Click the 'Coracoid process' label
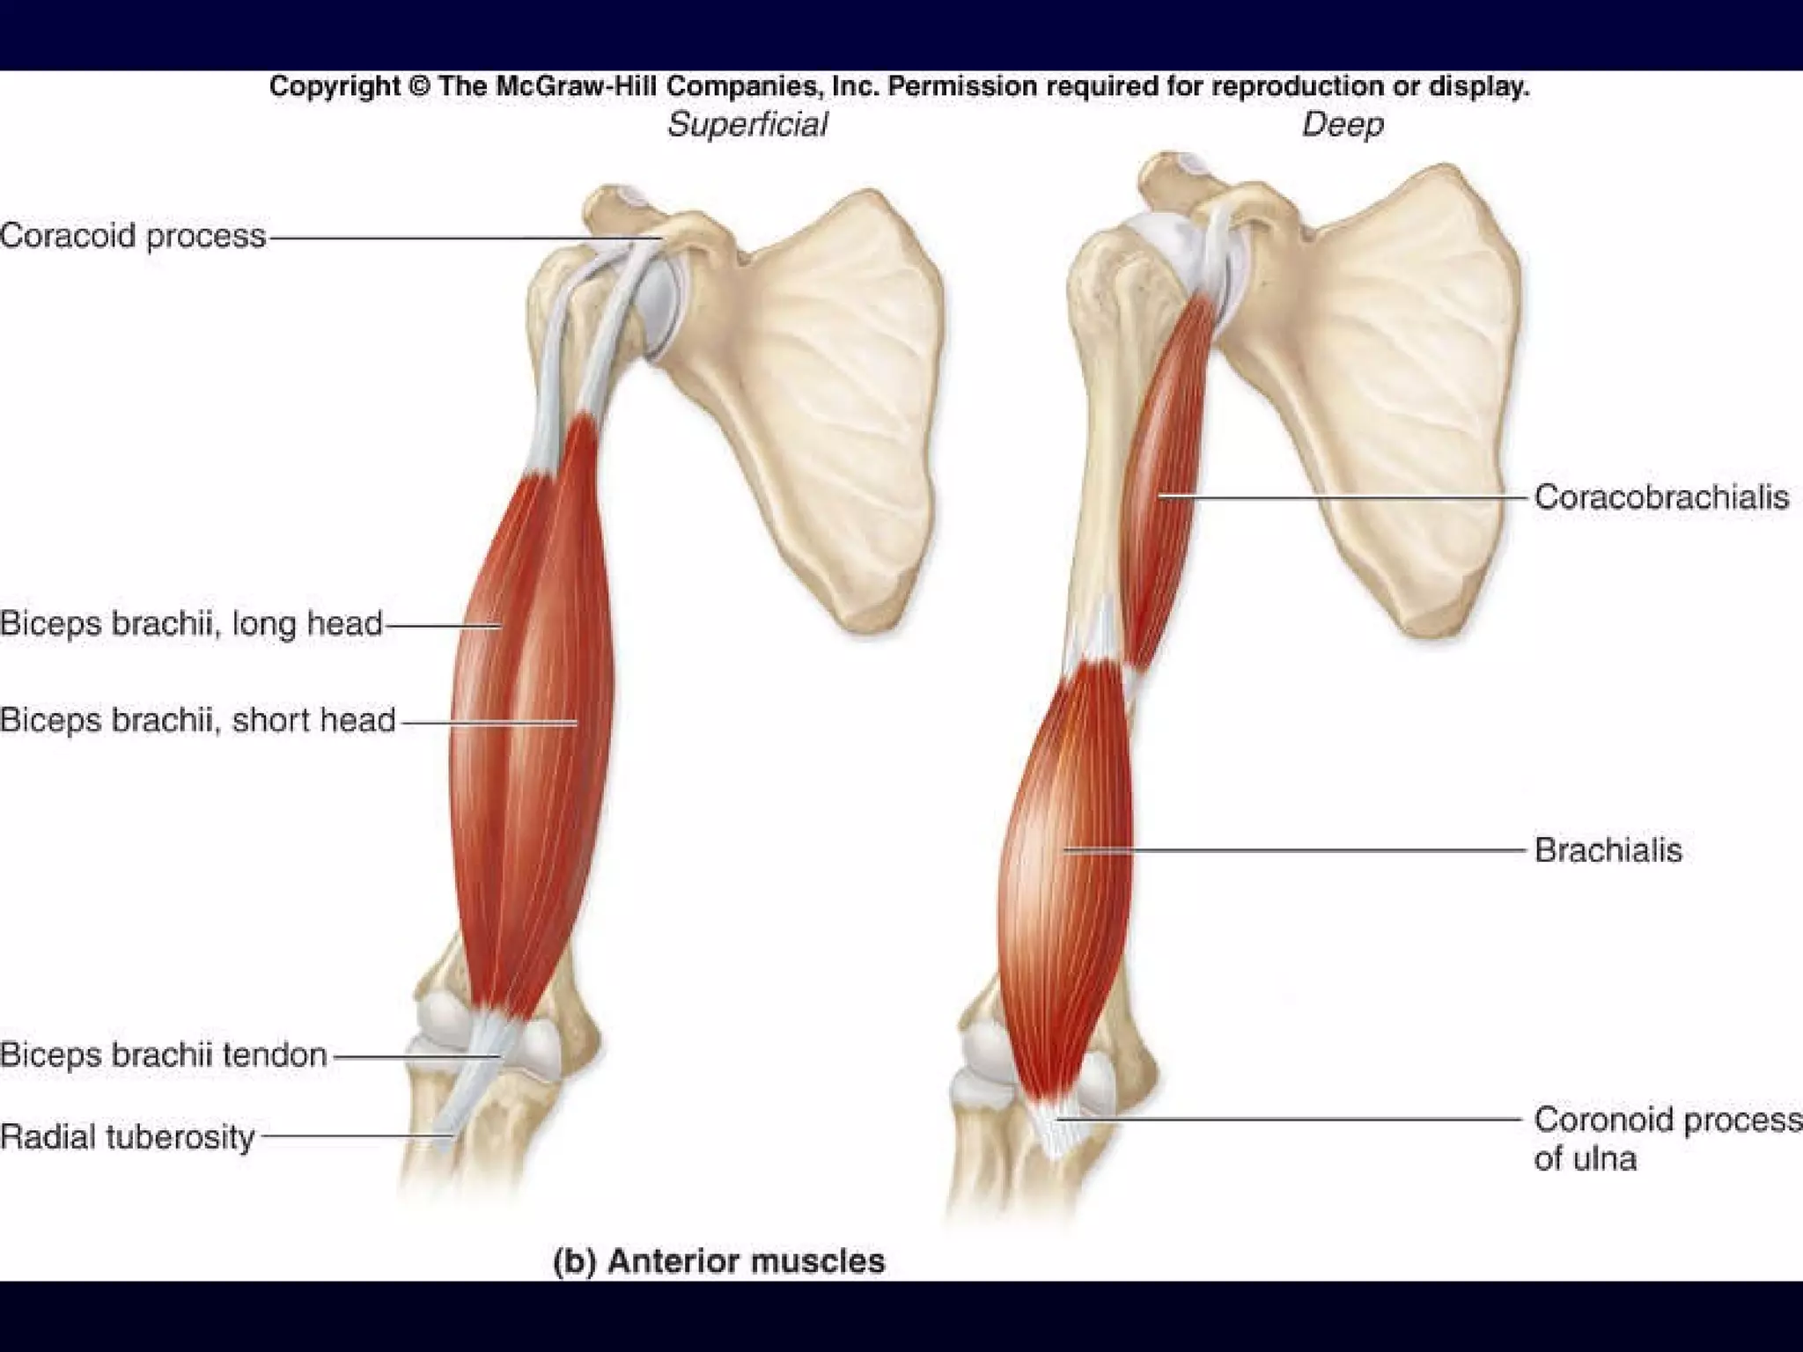133,236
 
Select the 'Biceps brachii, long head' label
192,624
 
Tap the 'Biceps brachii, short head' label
198,721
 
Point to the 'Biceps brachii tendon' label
164,1054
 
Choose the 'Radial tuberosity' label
128,1136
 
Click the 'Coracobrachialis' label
1661,497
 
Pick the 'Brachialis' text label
1608,850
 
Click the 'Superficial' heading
747,125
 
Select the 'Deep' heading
1343,125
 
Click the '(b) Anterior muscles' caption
719,1261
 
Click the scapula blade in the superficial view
819,396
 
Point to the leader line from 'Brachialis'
1303,850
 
